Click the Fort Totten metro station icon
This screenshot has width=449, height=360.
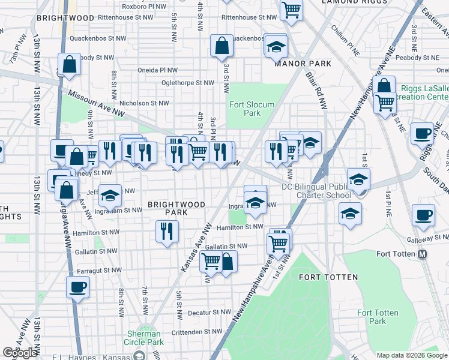[423, 254]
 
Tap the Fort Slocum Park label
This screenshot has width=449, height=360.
[252, 109]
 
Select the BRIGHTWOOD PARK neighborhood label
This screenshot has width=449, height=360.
[176, 208]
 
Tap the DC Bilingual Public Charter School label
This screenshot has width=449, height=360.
[316, 190]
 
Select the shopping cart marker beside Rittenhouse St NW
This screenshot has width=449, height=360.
[291, 10]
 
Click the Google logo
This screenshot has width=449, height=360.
[20, 353]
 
